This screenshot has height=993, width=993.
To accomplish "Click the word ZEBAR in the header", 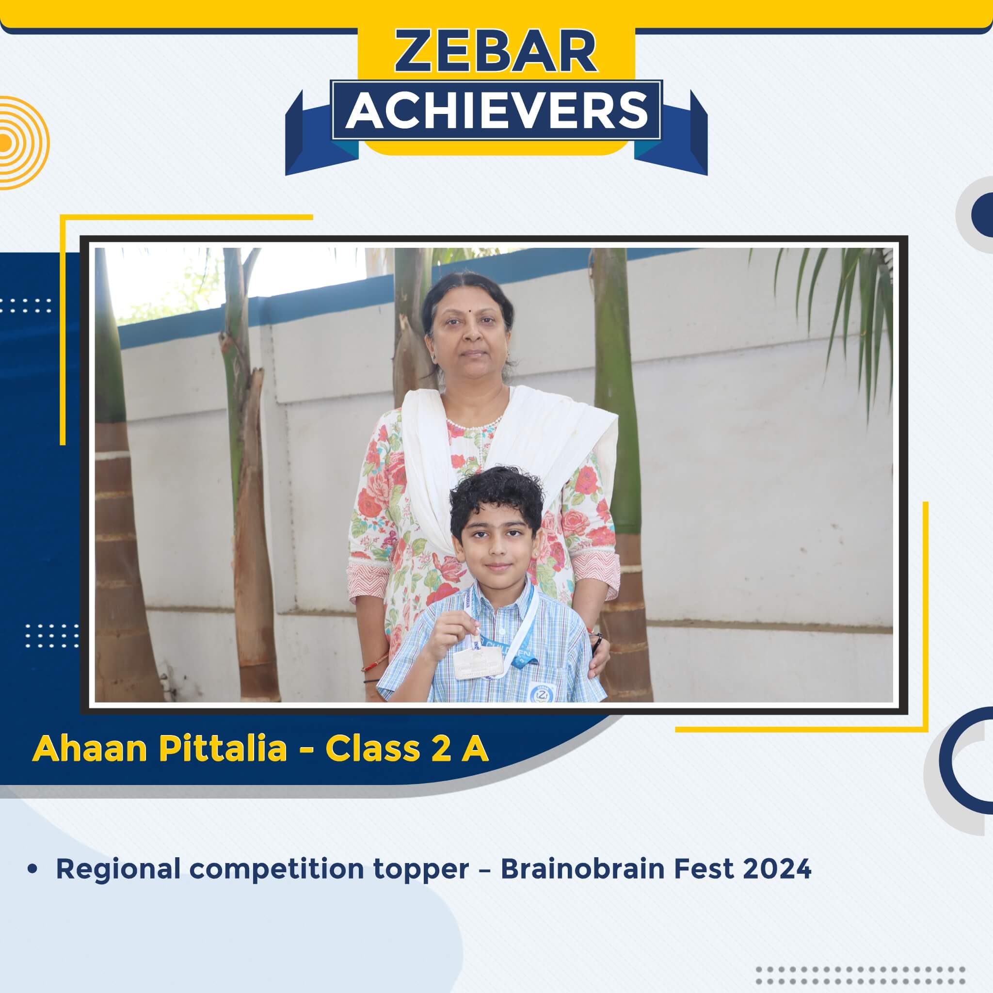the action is (x=496, y=52).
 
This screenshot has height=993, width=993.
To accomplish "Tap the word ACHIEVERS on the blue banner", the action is (x=496, y=111).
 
